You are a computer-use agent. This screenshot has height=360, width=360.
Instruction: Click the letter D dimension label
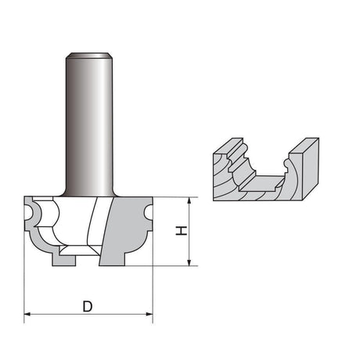(x=88, y=306)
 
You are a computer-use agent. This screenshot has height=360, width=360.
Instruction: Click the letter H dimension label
(x=182, y=231)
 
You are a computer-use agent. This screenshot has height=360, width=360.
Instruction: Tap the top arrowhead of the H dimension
(x=189, y=200)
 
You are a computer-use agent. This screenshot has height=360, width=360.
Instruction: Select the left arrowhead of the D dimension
(x=27, y=314)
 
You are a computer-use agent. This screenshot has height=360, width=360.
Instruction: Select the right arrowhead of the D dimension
(x=149, y=314)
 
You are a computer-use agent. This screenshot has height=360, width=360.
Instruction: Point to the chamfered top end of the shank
(x=89, y=56)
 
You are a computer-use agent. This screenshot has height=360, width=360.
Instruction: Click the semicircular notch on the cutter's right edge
(x=147, y=212)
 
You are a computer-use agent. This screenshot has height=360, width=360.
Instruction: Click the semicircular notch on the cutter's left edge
(x=31, y=212)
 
